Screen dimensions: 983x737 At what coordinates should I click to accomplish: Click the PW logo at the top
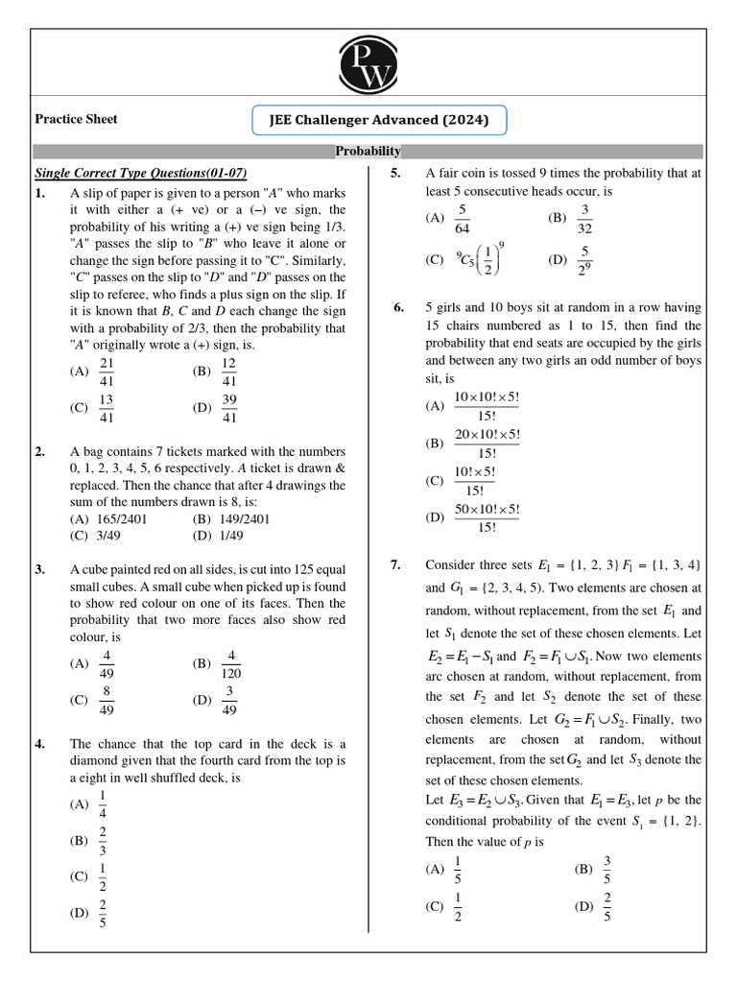pos(368,65)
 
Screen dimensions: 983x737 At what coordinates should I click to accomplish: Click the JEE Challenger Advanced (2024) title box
pos(378,121)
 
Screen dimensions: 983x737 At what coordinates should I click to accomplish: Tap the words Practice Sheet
pos(76,119)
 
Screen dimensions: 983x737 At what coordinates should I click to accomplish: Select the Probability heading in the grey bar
pos(368,152)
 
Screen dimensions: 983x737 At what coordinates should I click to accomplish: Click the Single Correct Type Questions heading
pos(141,173)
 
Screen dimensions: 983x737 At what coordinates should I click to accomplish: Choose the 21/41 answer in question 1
pos(107,372)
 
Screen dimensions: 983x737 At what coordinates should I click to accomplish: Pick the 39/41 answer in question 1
pos(228,407)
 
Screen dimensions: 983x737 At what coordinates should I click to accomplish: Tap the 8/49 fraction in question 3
pos(107,701)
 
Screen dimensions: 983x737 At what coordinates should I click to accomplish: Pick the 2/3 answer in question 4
pos(103,841)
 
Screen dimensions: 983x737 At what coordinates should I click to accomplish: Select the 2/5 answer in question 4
pos(103,913)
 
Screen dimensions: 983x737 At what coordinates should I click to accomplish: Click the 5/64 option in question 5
pos(463,218)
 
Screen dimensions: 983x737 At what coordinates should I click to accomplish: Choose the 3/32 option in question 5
pos(584,218)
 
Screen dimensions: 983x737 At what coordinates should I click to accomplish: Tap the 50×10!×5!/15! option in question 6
pos(487,517)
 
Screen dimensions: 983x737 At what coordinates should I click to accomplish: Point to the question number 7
pos(395,564)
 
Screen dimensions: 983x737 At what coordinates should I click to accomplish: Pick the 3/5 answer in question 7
pos(607,869)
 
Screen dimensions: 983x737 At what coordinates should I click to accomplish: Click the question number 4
pos(39,744)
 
